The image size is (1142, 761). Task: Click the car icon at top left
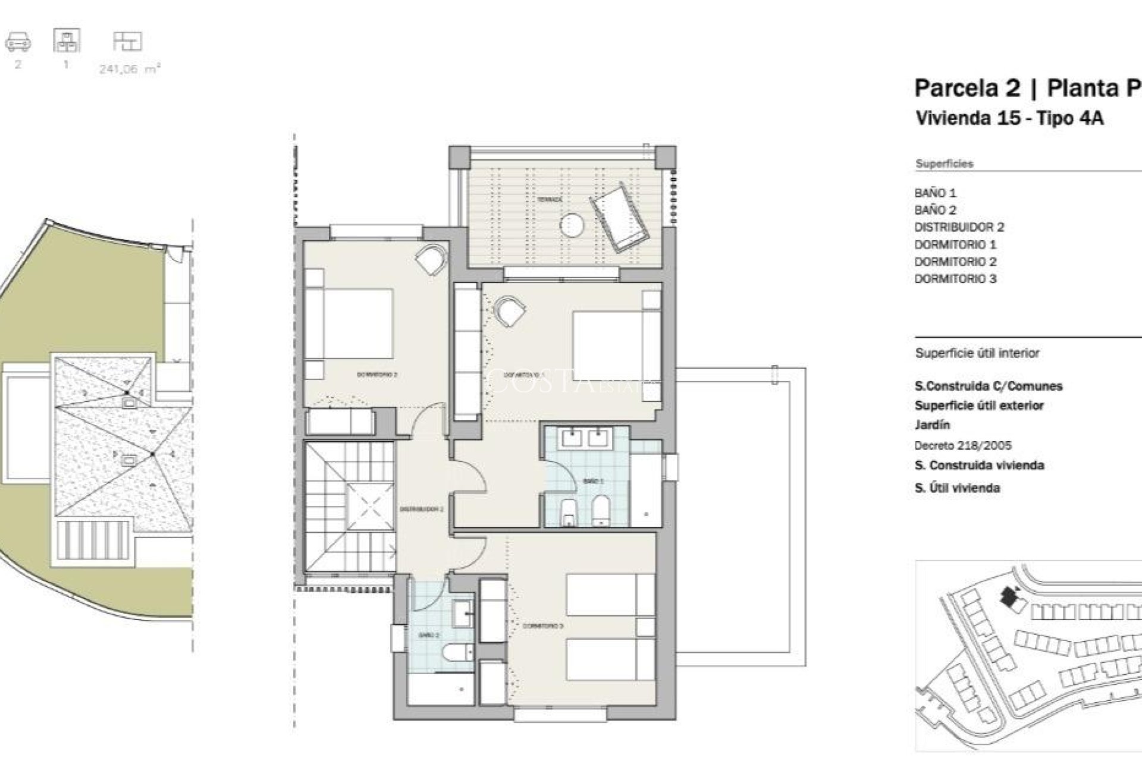click(x=18, y=42)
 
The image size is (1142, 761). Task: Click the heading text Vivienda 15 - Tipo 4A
click(x=1009, y=118)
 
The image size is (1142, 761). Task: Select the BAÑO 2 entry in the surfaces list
click(x=935, y=210)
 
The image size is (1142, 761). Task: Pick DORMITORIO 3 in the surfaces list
click(x=955, y=279)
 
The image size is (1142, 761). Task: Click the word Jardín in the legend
click(x=931, y=425)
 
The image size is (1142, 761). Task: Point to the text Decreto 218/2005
click(x=962, y=445)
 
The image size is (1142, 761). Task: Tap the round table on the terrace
click(x=572, y=225)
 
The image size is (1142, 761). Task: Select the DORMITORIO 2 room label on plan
click(x=377, y=375)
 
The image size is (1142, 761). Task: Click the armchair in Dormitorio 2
click(x=431, y=260)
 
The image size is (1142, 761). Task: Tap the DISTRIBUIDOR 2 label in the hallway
click(x=421, y=510)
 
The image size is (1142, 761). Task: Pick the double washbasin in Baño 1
click(x=586, y=438)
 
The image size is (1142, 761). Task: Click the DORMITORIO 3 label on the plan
click(x=542, y=626)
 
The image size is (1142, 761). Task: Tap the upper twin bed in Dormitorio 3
click(x=609, y=595)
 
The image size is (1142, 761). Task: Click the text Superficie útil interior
click(x=977, y=353)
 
